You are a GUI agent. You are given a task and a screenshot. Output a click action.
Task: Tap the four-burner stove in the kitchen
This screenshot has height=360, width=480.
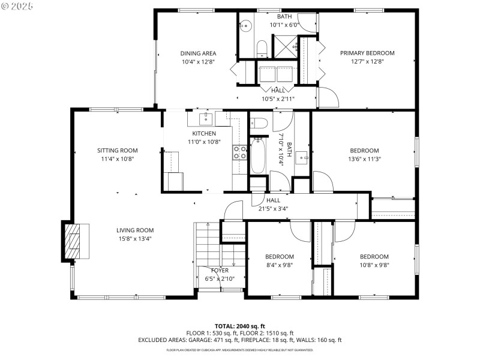pos(240,152)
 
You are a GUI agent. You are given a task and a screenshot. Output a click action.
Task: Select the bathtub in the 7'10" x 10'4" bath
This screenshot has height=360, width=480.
pos(259,155)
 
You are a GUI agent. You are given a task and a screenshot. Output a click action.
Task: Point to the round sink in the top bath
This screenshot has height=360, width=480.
pos(245,26)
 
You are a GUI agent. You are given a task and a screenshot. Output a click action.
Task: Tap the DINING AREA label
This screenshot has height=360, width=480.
pos(198,53)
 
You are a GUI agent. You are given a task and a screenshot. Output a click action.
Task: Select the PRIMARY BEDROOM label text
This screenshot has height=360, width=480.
pos(367,53)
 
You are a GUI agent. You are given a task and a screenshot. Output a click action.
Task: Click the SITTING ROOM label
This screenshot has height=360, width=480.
pos(118,151)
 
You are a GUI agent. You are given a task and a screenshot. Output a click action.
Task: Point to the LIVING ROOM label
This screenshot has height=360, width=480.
pos(135,230)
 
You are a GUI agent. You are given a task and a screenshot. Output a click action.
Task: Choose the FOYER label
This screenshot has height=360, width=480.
pos(219,271)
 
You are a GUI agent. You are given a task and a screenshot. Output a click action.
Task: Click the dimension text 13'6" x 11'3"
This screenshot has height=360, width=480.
pos(364,159)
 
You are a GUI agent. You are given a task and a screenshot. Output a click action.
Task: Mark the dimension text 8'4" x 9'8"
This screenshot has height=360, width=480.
pos(280,265)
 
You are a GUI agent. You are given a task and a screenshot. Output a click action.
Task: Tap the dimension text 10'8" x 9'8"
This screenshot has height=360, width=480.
pos(374,265)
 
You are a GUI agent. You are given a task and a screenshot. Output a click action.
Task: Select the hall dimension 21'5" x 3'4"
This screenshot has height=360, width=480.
pos(273,209)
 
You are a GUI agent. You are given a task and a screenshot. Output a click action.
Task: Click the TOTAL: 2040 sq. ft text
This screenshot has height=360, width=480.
pos(239,326)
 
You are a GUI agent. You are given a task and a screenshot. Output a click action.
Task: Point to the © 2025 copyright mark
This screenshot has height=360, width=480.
pos(18,5)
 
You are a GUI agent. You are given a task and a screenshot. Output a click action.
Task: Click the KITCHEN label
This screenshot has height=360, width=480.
pos(204,133)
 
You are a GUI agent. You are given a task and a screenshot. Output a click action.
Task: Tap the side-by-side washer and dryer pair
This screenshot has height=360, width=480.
pos(276,73)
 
